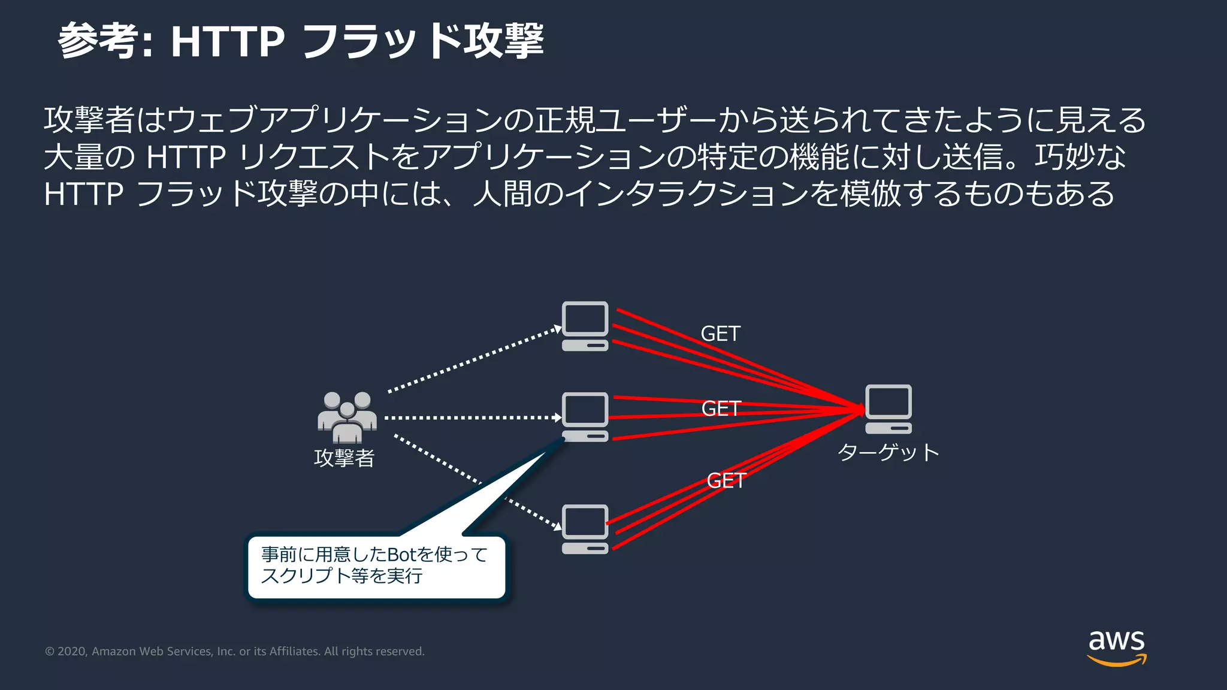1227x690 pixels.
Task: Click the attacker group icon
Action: pyautogui.click(x=347, y=416)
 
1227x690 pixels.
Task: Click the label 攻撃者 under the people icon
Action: pyautogui.click(x=344, y=458)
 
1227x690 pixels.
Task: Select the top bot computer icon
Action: pyautogui.click(x=585, y=326)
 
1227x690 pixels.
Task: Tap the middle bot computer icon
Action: pyautogui.click(x=585, y=417)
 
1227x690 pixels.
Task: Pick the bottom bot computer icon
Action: pyautogui.click(x=585, y=529)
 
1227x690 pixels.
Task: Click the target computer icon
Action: pyautogui.click(x=888, y=409)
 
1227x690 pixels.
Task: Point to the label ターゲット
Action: pyautogui.click(x=888, y=452)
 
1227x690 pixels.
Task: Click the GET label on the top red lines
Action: pyautogui.click(x=720, y=334)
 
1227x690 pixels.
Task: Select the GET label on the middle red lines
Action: pyautogui.click(x=721, y=408)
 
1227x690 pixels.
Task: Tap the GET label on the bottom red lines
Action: pyautogui.click(x=726, y=480)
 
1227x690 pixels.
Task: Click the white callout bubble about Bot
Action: pyautogui.click(x=376, y=565)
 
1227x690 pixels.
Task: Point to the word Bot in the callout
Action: pyautogui.click(x=401, y=555)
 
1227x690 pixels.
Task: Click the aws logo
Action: pyautogui.click(x=1116, y=647)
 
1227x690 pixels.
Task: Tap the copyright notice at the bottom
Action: pyautogui.click(x=235, y=651)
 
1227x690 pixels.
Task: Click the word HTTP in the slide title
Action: pyautogui.click(x=227, y=41)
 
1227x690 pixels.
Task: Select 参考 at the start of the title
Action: pyautogui.click(x=96, y=41)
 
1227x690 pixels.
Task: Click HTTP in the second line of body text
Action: pyautogui.click(x=186, y=157)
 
